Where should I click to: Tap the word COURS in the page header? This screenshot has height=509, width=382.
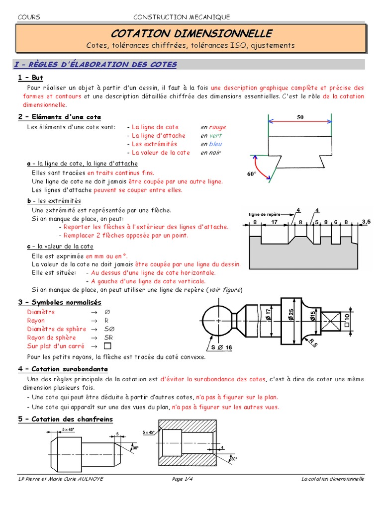click(29, 17)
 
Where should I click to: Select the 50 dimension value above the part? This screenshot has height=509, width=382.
click(300, 117)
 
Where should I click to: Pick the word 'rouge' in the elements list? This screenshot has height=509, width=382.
click(217, 127)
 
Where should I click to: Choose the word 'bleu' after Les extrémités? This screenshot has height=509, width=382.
click(215, 144)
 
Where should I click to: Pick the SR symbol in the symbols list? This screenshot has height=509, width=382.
click(107, 338)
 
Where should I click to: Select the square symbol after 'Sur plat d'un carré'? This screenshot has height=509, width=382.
click(107, 346)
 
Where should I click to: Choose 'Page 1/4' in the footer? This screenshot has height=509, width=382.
click(185, 479)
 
